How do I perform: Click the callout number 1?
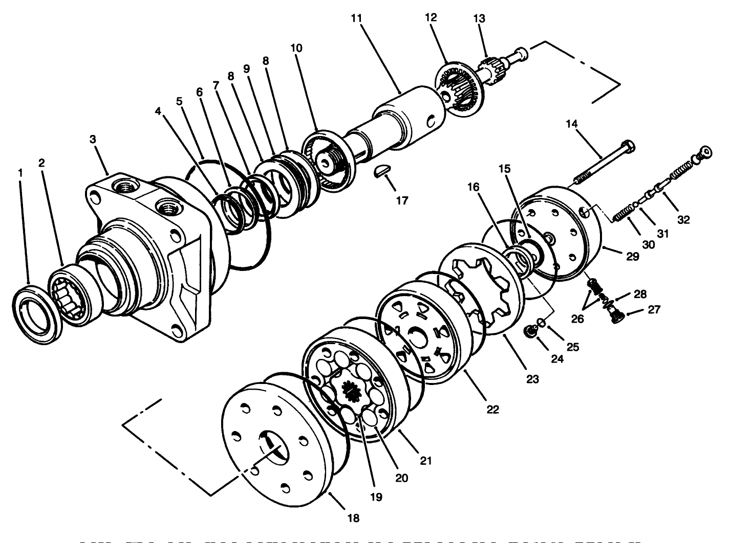click(x=20, y=173)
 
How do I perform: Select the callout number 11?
click(x=356, y=18)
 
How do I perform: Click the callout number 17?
click(x=402, y=200)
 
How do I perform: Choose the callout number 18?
click(x=353, y=518)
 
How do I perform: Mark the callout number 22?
click(x=492, y=409)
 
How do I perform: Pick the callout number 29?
click(x=633, y=257)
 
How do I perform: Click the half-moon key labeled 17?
click(x=381, y=173)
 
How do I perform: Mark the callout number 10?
click(x=296, y=48)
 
